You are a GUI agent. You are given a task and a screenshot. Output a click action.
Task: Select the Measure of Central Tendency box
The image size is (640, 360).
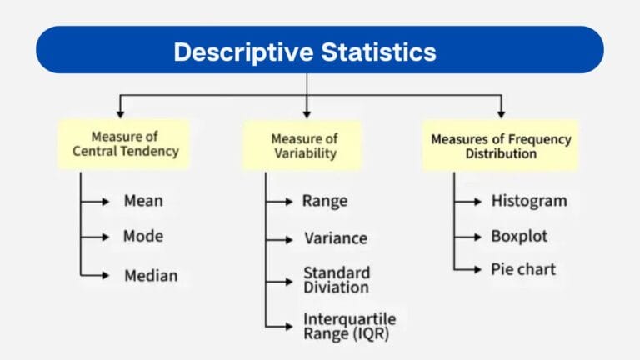click(124, 145)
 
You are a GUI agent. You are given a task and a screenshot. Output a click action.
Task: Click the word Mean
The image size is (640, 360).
click(143, 201)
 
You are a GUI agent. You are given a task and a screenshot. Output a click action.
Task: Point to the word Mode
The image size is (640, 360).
click(143, 236)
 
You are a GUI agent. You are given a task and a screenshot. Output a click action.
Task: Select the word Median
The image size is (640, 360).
click(151, 275)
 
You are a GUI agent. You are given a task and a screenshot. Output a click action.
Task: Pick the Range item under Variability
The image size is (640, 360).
click(325, 201)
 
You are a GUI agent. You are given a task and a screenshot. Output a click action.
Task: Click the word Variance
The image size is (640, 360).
click(335, 238)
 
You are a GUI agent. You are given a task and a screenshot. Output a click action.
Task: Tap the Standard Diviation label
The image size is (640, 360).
click(336, 280)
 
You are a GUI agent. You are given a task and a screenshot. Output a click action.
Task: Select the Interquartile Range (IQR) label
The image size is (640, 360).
click(349, 327)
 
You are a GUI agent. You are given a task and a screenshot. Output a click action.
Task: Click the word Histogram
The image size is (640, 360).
click(528, 201)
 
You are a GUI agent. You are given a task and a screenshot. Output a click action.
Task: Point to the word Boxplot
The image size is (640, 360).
click(519, 236)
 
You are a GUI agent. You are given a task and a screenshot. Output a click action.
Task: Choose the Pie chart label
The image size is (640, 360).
click(522, 269)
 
